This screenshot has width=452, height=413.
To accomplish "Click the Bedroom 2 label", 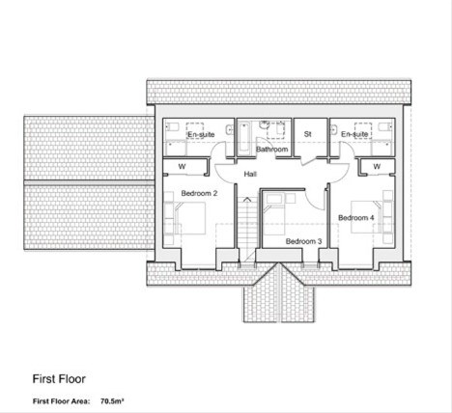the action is click(x=199, y=193).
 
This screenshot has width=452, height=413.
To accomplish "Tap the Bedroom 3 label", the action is click(x=303, y=241).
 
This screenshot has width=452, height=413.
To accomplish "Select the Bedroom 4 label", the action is click(x=356, y=218).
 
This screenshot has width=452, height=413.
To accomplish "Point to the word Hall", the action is click(x=250, y=174).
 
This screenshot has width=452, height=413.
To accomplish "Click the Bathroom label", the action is click(x=271, y=150).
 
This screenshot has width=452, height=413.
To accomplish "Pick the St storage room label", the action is click(x=307, y=134).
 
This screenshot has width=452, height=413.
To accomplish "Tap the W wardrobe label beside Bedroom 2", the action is click(x=182, y=166).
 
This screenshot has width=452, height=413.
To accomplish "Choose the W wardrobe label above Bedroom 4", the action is click(x=377, y=166).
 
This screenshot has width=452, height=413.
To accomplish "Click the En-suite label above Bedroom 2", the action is click(x=201, y=134).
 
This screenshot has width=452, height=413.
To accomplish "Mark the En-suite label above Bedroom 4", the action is click(x=354, y=134).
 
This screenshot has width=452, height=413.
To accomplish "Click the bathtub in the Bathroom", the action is click(x=244, y=138).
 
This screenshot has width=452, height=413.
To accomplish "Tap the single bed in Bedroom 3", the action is click(x=274, y=214).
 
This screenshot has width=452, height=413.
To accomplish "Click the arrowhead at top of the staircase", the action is click(x=247, y=200).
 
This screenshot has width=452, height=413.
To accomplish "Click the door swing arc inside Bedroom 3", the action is click(x=313, y=202).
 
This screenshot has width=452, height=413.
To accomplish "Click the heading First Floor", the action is click(x=59, y=379).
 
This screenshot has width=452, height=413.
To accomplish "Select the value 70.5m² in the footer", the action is click(x=112, y=401).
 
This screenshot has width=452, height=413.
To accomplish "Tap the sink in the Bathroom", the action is click(x=265, y=124).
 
